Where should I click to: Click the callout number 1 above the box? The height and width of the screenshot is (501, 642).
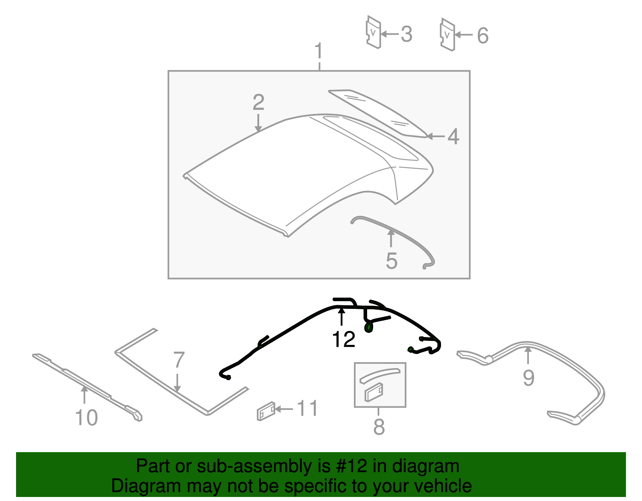pyautogui.click(x=319, y=51)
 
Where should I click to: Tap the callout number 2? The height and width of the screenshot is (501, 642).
pyautogui.click(x=258, y=102)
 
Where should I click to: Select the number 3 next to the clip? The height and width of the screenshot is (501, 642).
pyautogui.click(x=406, y=34)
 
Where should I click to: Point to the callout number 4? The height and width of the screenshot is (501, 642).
pyautogui.click(x=453, y=136)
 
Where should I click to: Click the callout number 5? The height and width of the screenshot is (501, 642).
pyautogui.click(x=392, y=261)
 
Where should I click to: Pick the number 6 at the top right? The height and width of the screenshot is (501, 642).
pyautogui.click(x=483, y=35)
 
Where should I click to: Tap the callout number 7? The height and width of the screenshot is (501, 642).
pyautogui.click(x=179, y=359)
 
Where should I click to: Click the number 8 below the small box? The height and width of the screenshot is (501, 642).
pyautogui.click(x=379, y=427)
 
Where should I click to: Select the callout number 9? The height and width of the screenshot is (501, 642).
pyautogui.click(x=528, y=377)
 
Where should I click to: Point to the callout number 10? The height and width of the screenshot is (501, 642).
pyautogui.click(x=86, y=418)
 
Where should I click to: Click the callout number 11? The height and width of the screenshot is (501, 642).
pyautogui.click(x=307, y=408)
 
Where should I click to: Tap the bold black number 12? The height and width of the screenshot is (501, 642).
pyautogui.click(x=343, y=339)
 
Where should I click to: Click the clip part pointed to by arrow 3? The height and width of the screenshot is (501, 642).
pyautogui.click(x=374, y=32)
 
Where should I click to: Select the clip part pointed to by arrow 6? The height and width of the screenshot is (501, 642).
pyautogui.click(x=448, y=34)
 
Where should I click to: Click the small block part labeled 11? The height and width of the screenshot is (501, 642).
pyautogui.click(x=266, y=411)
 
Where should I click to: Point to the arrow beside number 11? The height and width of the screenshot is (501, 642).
pyautogui.click(x=284, y=409)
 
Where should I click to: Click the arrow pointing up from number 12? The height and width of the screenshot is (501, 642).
pyautogui.click(x=341, y=316)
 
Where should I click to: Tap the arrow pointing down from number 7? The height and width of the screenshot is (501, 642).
pyautogui.click(x=177, y=383)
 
